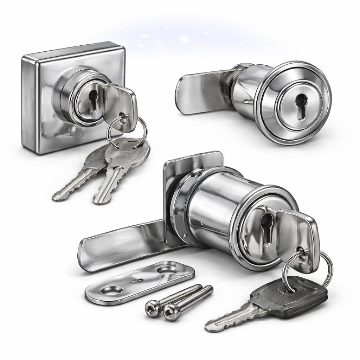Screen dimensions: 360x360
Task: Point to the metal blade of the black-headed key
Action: (x=232, y=318)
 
